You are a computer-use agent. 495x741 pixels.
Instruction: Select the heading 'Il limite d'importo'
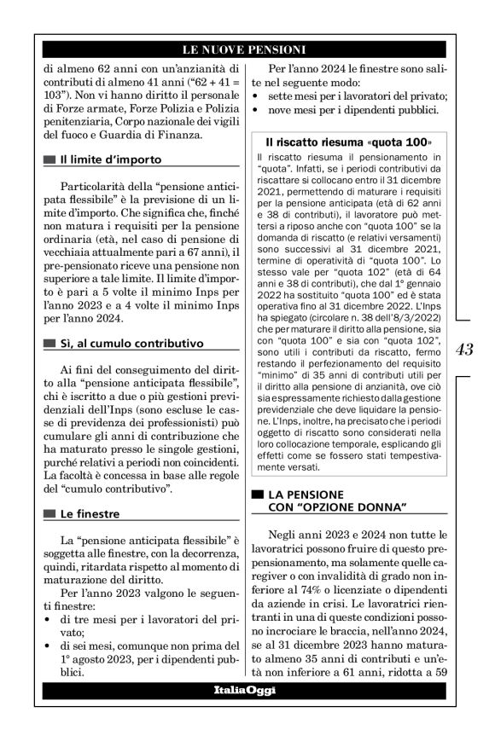[110, 159]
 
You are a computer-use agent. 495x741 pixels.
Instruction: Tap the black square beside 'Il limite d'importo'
[49, 159]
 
